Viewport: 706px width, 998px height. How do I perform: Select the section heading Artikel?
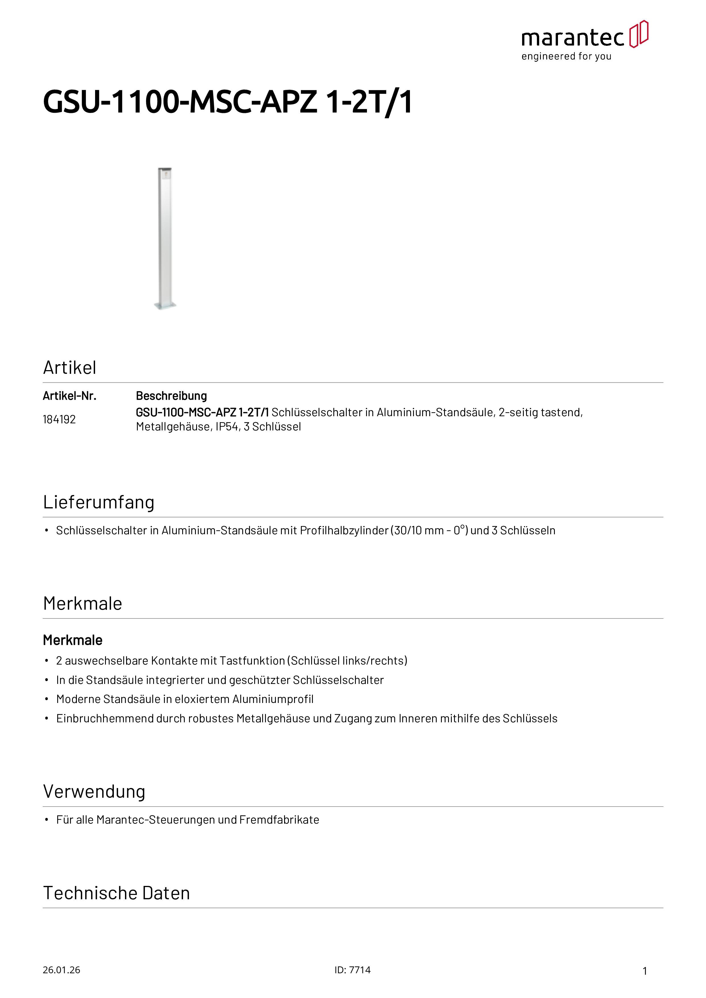point(69,368)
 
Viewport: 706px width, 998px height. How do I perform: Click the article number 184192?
point(59,419)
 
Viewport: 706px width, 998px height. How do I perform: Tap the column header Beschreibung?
point(171,396)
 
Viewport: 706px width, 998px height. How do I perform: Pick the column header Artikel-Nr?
point(69,396)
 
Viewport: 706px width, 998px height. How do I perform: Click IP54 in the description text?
point(227,427)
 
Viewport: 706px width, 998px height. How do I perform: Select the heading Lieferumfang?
point(99,502)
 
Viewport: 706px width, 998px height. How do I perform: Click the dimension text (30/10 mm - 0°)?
point(429,531)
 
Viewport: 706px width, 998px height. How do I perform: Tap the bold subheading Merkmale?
point(73,640)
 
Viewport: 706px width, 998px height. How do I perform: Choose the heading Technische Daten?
point(117,893)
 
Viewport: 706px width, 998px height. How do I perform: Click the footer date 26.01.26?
point(61,970)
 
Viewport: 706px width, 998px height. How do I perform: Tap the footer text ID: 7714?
point(352,970)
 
